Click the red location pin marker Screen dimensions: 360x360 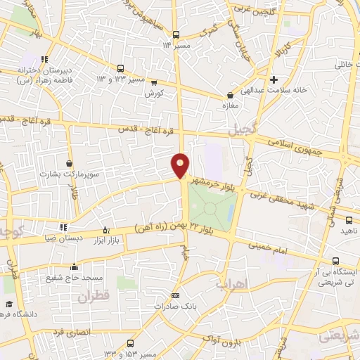181,165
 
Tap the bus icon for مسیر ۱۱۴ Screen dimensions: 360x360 176,35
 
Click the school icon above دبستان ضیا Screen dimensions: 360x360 64,227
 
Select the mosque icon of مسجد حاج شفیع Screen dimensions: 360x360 74,267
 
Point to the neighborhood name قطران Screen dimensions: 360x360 94,297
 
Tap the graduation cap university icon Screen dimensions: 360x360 8,304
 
